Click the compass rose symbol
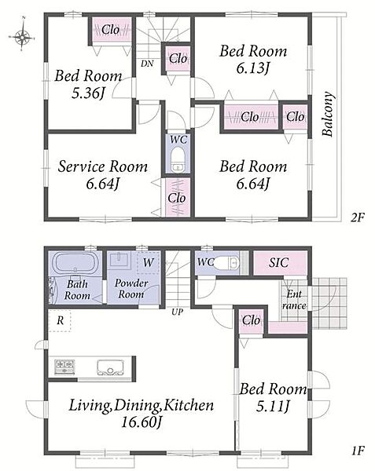tap(22, 37)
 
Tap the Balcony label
tap(328, 114)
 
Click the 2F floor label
tap(358, 217)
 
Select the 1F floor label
tap(358, 451)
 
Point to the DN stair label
tap(147, 64)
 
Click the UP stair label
tap(177, 312)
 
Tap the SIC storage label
tap(279, 263)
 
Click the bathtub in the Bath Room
tap(75, 263)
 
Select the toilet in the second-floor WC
tap(178, 159)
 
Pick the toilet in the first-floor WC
tap(227, 263)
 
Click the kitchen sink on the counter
tap(111, 367)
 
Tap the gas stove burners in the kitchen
tap(64, 367)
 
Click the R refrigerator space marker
tap(61, 321)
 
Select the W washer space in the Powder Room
tap(149, 262)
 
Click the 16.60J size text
tap(142, 422)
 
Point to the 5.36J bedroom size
tap(88, 93)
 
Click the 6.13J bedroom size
tap(252, 68)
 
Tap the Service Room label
tap(102, 166)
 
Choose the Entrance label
tap(294, 300)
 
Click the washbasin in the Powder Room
tap(120, 259)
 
